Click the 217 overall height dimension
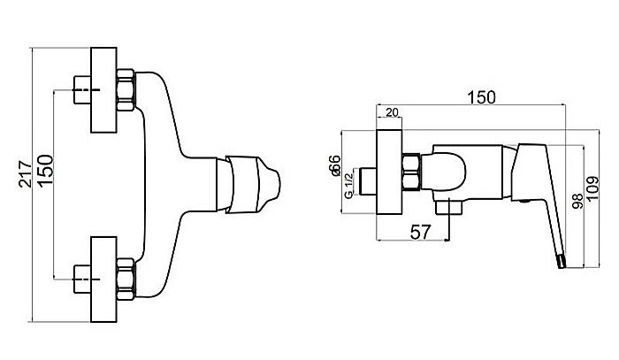click(x=25, y=174)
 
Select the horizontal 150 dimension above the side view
click(x=481, y=97)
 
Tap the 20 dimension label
click(x=392, y=112)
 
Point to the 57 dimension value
click(x=420, y=232)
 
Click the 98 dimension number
click(x=578, y=202)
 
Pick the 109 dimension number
click(x=592, y=189)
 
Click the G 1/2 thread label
click(x=348, y=185)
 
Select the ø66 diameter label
click(x=334, y=165)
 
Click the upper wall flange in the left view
click(x=103, y=90)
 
